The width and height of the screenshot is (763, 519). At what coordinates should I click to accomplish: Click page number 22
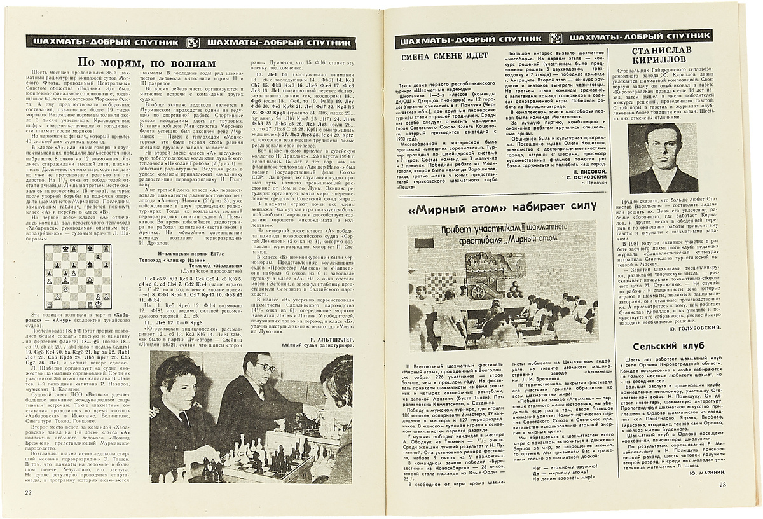(28, 492)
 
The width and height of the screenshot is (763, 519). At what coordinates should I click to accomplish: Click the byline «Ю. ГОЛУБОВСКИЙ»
(698, 328)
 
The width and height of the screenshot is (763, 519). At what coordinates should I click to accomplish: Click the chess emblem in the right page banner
(554, 39)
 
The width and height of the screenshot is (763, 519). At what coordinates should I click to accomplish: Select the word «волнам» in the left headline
(195, 64)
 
